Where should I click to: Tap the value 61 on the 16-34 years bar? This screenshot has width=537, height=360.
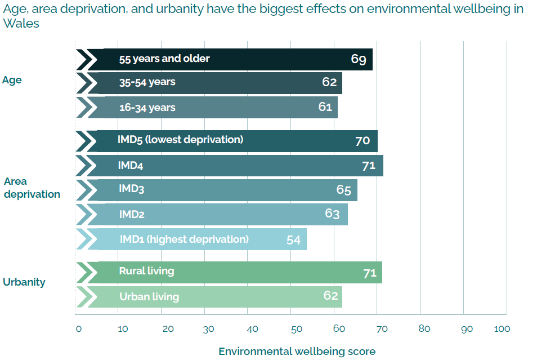[325, 107]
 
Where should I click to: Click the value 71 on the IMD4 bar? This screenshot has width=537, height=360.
[369, 166]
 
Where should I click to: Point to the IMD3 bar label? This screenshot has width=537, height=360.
[131, 189]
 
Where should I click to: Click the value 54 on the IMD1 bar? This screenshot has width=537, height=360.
[293, 239]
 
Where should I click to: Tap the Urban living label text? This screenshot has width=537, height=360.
[149, 296]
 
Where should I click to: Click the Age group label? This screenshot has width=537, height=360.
[12, 80]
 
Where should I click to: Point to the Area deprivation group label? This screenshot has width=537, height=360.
[32, 188]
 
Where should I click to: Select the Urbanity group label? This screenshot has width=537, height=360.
[24, 282]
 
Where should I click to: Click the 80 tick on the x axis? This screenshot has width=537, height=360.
[424, 329]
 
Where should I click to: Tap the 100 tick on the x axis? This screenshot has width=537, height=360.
[502, 329]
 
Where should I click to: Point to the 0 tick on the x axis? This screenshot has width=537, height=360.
[78, 329]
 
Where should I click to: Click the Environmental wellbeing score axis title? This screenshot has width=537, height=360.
[297, 351]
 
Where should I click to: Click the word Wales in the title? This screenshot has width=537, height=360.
[21, 24]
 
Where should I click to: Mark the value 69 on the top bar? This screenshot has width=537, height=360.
[359, 59]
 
